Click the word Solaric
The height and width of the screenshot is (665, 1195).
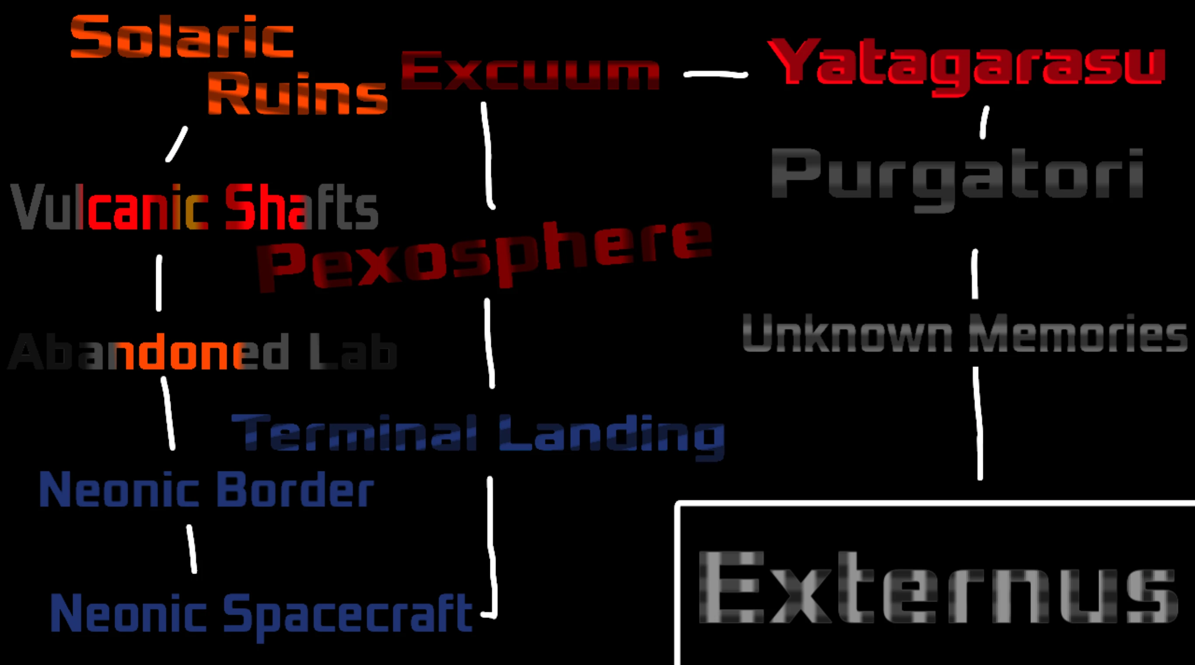tap(182, 37)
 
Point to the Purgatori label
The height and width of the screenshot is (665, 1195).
tap(957, 176)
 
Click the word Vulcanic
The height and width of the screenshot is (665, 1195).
tap(109, 207)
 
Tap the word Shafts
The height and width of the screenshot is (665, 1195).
tap(301, 207)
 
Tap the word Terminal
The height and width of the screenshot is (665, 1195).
tap(354, 433)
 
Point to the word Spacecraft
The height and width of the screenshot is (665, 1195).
tap(348, 614)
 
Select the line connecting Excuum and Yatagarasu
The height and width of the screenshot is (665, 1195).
tap(715, 74)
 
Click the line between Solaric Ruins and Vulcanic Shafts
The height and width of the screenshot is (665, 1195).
tap(177, 144)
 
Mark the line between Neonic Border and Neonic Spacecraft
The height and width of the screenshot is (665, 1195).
tap(191, 549)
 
